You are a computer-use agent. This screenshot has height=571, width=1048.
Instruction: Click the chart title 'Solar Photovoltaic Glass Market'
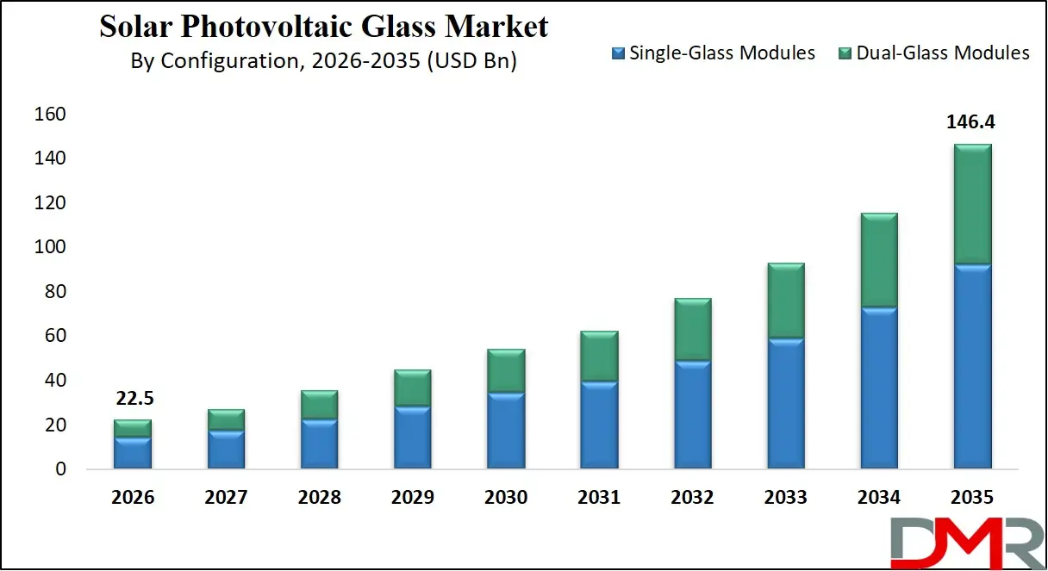coord(323,27)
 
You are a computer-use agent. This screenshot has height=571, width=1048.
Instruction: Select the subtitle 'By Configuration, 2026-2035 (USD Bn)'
coord(323,61)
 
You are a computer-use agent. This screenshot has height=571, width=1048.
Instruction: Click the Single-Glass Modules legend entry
coord(713,53)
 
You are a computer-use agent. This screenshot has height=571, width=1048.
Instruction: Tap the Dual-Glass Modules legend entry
coord(933,53)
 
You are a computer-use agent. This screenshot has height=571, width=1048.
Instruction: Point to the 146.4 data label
coord(971,122)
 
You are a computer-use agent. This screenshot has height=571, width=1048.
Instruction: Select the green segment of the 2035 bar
coord(972,204)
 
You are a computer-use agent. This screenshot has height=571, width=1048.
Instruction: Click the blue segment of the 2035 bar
coord(972,366)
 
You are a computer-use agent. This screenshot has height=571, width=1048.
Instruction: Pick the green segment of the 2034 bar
coord(878,260)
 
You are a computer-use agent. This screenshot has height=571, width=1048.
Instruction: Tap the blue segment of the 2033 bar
coord(785,403)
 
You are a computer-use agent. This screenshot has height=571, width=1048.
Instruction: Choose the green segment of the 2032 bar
coord(692,330)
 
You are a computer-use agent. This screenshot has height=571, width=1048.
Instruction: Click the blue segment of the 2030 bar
coord(506,430)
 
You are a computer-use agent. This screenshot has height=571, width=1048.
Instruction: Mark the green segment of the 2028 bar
coord(320,405)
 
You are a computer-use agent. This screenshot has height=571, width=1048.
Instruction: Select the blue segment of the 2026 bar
coord(133,453)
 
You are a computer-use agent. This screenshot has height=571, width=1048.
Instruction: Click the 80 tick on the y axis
coord(53,292)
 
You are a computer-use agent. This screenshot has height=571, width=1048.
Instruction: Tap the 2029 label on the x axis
coord(413,498)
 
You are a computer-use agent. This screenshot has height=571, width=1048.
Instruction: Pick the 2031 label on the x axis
coord(599,498)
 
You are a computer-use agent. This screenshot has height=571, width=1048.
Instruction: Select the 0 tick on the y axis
coord(59,469)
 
